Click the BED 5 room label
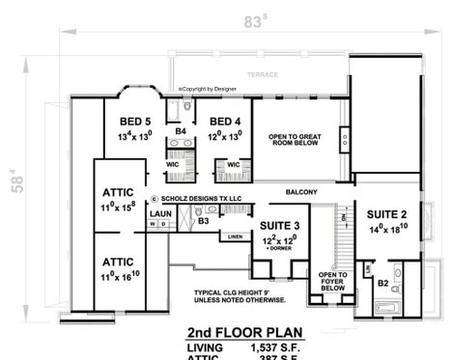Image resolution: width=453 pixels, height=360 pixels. point(135,121)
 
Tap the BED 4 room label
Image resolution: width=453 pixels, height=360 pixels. point(225,121)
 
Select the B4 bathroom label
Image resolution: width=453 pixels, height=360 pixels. point(181,130)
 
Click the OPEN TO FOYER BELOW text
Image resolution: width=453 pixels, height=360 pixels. point(332,281)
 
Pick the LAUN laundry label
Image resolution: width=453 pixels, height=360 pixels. point(160,213)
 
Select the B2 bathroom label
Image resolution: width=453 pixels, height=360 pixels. point(382,284)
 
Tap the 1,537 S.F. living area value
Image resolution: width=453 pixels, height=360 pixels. point(271,346)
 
